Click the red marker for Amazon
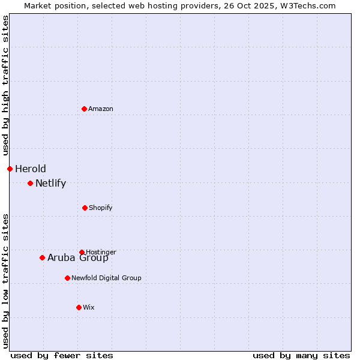84,109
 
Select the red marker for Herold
10,169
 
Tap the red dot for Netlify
30,183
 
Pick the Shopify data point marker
85,208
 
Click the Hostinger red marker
82,252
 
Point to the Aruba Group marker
42,257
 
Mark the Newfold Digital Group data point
67,278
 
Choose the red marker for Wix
79,307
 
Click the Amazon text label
101,109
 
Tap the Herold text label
31,169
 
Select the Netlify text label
50,183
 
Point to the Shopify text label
101,208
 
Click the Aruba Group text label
78,258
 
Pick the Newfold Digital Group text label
106,278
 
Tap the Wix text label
89,307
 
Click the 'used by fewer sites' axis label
62,355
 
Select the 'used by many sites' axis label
301,355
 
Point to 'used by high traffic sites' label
5,85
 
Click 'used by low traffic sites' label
5,281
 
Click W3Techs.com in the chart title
310,5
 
